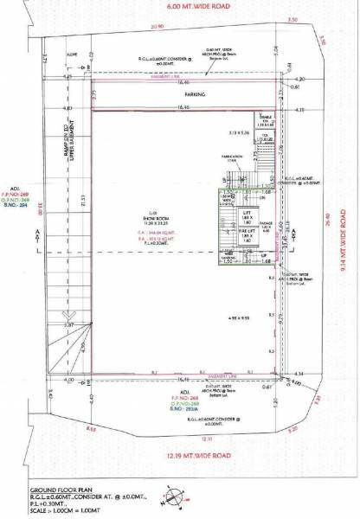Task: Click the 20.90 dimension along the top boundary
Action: pyautogui.click(x=156, y=27)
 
